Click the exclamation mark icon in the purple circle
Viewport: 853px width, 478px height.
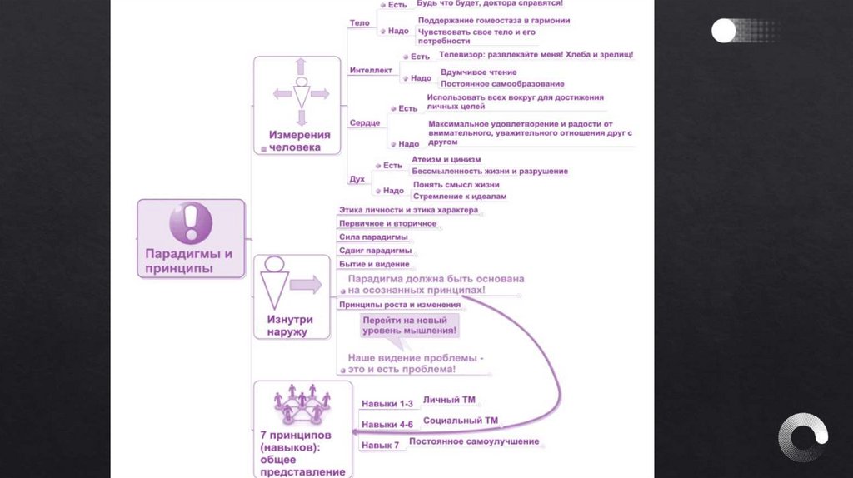tap(191, 222)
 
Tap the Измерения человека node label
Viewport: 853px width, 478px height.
tap(299, 141)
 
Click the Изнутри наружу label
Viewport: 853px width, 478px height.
tap(289, 325)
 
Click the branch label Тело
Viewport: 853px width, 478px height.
tap(360, 23)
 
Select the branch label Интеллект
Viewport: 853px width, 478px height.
tap(371, 71)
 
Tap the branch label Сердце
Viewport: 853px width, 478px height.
tap(365, 123)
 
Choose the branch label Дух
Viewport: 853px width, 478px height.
tap(356, 179)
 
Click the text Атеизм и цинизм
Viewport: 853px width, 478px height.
tap(446, 159)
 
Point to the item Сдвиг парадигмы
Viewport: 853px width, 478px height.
tap(375, 251)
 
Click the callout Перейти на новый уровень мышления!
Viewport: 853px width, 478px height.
tap(409, 326)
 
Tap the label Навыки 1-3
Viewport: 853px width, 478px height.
tap(387, 404)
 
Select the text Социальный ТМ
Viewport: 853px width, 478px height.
tap(461, 421)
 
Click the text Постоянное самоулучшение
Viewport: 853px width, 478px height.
tap(474, 441)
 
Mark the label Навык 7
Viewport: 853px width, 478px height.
tap(380, 446)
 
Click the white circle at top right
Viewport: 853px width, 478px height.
tap(724, 31)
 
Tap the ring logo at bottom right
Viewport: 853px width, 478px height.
tap(803, 437)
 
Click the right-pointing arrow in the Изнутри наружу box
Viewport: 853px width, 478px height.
tap(306, 286)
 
